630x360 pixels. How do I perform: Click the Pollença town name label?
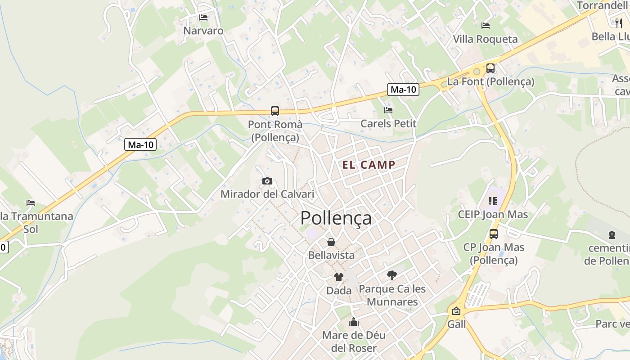coord(336,218)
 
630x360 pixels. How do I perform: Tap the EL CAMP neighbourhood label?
coord(369,165)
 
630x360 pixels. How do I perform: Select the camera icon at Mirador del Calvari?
coord(267,181)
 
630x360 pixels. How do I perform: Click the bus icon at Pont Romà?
coord(274,111)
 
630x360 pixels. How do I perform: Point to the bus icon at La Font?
coord(490,68)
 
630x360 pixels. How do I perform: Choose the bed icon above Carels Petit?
coord(388,110)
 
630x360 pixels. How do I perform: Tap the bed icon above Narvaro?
coord(203,18)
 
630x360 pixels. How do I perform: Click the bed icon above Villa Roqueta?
coord(485,25)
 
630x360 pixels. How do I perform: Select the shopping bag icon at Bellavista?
coord(331,242)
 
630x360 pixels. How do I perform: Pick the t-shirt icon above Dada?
coord(338,277)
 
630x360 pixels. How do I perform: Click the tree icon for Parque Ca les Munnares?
coord(392,275)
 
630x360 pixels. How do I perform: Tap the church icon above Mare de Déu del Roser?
coord(354,322)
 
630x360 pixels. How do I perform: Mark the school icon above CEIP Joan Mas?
coord(492,201)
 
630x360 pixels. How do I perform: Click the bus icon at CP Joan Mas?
coord(494,234)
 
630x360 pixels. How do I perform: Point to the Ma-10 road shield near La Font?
coord(403,90)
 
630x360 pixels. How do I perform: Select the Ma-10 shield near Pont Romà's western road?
coord(140,144)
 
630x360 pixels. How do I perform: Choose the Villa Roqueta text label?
coord(485,39)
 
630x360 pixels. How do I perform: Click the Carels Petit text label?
coord(388,123)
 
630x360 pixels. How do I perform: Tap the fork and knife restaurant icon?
coord(619,23)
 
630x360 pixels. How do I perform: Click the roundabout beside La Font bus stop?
coord(477,72)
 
